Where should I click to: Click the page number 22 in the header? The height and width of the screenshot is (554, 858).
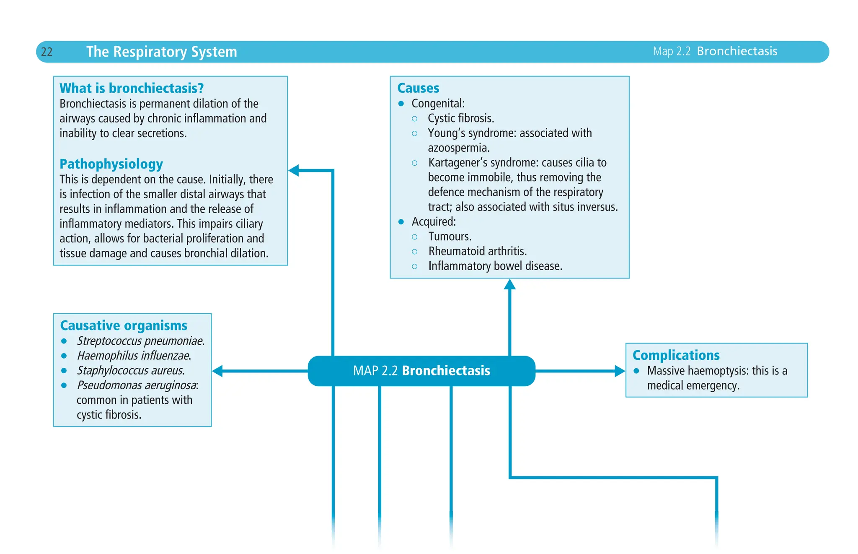tap(47, 52)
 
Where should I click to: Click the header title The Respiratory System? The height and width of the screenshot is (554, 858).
tap(161, 52)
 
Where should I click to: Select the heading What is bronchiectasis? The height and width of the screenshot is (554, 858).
tap(132, 88)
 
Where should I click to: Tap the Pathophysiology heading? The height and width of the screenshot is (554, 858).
tap(111, 164)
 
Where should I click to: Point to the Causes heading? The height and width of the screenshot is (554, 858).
tap(418, 88)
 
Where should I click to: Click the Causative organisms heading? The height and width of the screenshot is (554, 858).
tap(124, 325)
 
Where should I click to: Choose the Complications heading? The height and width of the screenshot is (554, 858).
tap(676, 355)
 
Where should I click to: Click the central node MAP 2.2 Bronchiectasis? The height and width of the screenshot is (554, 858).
tap(421, 371)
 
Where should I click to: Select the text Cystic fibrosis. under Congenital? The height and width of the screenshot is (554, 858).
tap(461, 118)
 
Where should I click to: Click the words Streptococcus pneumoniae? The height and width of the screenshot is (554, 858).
tap(140, 341)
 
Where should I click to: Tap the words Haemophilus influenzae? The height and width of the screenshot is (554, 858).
tap(134, 356)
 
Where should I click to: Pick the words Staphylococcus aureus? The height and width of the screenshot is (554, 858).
tap(130, 371)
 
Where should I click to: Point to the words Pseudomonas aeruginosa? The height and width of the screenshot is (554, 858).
tap(137, 385)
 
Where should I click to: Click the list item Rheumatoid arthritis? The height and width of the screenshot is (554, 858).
tap(477, 251)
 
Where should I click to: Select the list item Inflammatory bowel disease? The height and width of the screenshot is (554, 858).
tap(495, 266)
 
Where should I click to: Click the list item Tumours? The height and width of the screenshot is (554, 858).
tap(450, 237)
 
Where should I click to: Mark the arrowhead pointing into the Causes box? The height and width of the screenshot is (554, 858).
tap(509, 285)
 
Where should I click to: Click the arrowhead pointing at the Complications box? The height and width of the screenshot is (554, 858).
tap(620, 371)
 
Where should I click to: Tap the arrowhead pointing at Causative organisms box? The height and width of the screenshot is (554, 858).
tap(218, 371)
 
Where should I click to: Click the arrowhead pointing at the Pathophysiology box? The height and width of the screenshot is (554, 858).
tap(294, 170)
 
